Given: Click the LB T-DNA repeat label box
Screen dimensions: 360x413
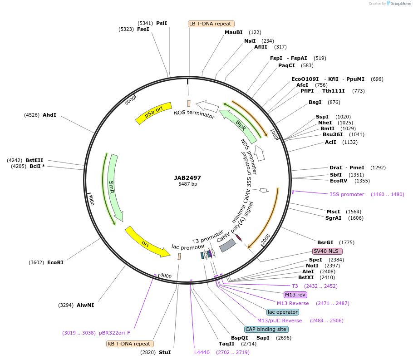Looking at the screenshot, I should tap(211, 24).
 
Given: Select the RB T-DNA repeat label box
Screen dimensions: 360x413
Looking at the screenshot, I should tap(130, 344).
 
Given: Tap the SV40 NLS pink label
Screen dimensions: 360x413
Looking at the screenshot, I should tap(327, 251).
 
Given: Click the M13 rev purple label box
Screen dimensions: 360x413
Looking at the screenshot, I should tap(296, 295).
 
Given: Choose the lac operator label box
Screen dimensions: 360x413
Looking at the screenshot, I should tap(283, 312).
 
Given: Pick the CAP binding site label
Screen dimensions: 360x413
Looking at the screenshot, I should tap(266, 329).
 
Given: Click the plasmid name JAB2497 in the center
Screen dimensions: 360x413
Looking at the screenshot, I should tap(187, 178).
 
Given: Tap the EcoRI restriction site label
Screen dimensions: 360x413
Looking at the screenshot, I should tap(55, 262).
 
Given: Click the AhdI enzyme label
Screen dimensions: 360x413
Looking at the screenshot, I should tap(49, 115).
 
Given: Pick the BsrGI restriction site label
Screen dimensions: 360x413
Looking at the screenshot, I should tap(325, 242).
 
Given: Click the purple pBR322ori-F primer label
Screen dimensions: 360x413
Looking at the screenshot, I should tap(114, 333).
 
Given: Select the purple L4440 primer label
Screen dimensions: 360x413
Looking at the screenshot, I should tap(202, 352).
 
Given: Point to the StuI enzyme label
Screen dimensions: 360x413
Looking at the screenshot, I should tap(165, 352).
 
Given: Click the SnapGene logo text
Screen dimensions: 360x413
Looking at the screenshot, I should tap(398, 4).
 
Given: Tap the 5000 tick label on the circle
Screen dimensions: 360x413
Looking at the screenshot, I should tap(130, 99).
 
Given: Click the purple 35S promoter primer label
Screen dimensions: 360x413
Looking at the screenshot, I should tap(347, 194).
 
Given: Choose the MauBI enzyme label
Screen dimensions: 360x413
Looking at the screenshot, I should tap(234, 32).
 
